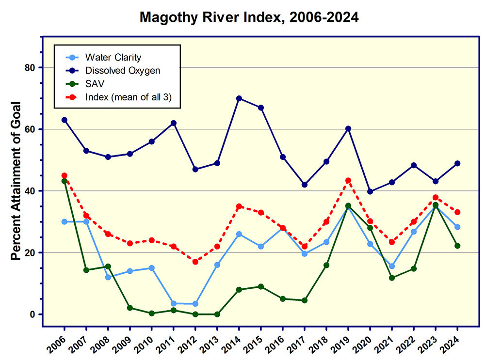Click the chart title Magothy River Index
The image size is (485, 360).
[249, 18]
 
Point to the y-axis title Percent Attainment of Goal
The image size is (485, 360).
[16, 182]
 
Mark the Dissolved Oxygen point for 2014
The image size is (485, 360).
[239, 98]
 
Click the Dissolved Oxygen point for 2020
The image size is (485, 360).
[370, 191]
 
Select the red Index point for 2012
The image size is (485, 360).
[195, 262]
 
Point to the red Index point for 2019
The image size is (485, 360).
[348, 181]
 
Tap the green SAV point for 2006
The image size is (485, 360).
[65, 181]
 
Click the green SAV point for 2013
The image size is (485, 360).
[217, 314]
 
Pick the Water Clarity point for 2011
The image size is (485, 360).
[174, 303]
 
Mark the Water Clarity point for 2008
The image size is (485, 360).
[108, 277]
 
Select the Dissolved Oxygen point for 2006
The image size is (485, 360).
[65, 120]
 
